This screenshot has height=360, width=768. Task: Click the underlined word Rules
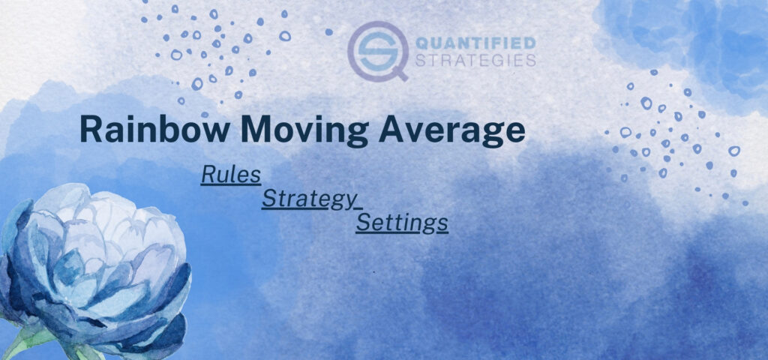[231, 175]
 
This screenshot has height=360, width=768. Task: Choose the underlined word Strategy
[310, 199]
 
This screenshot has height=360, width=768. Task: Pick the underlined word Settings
[402, 223]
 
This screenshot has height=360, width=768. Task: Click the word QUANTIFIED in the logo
[475, 43]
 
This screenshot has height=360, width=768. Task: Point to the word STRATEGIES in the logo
[475, 60]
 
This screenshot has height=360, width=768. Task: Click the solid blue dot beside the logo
[328, 32]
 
